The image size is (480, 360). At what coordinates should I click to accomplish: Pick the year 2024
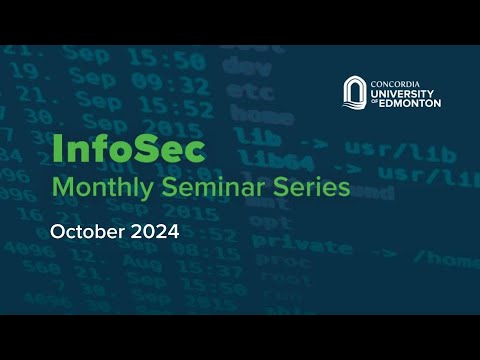tap(153, 232)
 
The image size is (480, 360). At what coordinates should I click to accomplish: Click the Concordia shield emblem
tap(355, 91)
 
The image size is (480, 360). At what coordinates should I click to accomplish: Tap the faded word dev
tap(239, 66)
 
